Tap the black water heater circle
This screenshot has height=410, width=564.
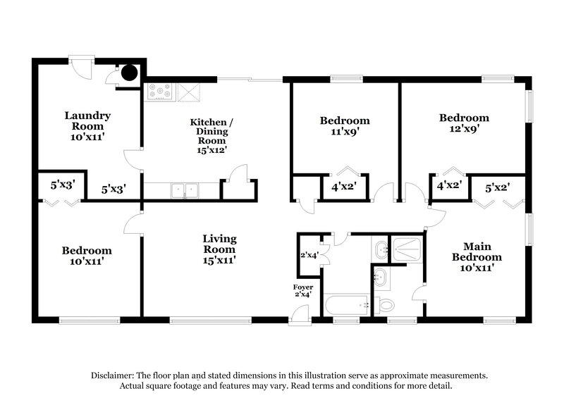[x=128, y=71]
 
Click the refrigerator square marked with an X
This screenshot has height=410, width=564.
[x=188, y=92]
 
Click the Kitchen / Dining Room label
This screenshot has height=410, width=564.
[x=211, y=136]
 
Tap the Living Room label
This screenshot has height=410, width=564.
[x=219, y=249]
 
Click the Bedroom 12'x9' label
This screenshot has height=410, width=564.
[x=463, y=124]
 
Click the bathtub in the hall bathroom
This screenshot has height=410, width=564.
[x=345, y=306]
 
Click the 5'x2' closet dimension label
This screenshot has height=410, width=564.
[x=498, y=188]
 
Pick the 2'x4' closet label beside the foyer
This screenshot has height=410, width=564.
[x=309, y=255]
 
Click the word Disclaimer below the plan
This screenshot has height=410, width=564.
[x=115, y=375]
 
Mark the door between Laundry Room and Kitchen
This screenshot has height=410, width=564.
[x=131, y=159]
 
